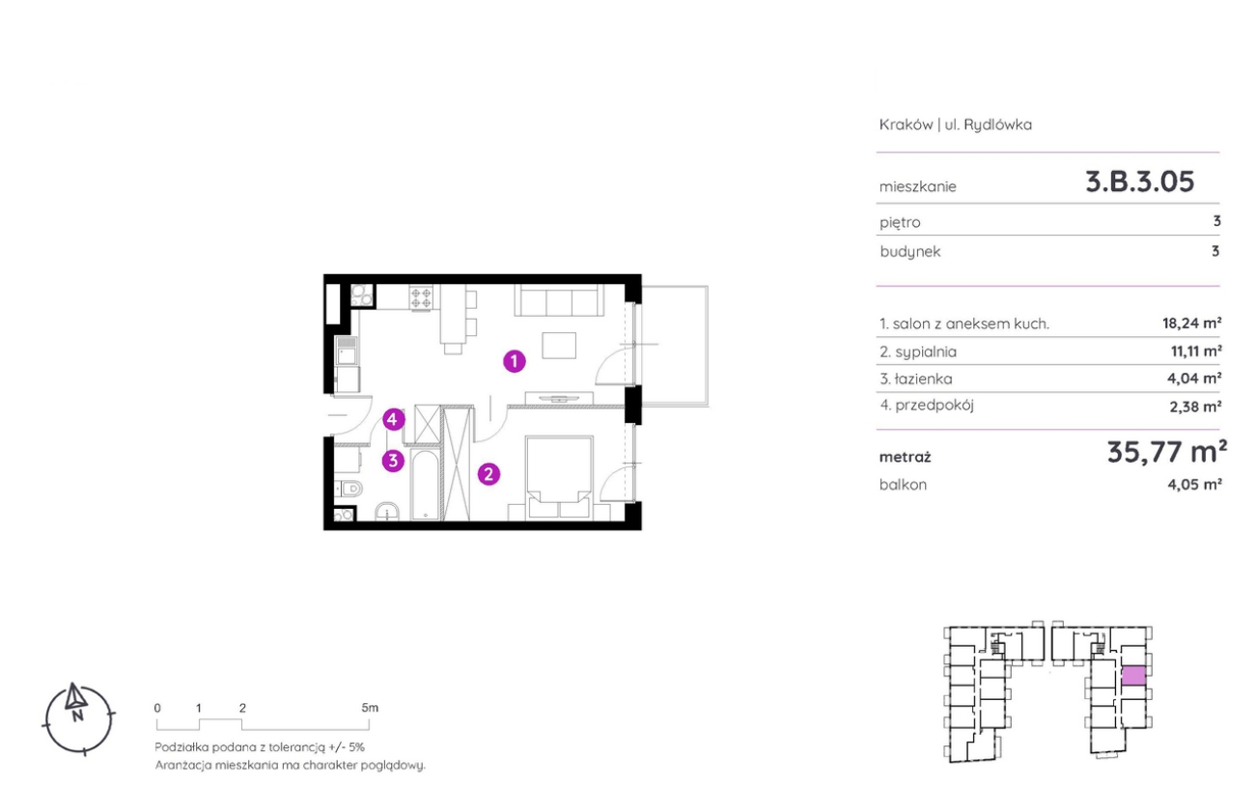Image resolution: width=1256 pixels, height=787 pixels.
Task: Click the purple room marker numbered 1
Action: [515, 361]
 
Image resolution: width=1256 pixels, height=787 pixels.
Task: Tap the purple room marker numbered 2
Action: [488, 474]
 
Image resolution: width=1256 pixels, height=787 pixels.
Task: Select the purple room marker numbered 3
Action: [393, 461]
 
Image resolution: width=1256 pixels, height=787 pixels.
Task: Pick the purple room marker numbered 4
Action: [393, 419]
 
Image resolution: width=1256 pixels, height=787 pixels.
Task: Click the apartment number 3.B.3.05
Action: [1140, 182]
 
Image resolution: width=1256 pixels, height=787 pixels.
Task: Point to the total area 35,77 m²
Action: [1167, 452]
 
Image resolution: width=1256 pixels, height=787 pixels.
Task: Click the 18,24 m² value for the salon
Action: [1191, 323]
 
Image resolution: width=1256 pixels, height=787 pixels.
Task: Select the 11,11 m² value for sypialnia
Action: [1196, 351]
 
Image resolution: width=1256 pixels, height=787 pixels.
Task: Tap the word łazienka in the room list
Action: [924, 379]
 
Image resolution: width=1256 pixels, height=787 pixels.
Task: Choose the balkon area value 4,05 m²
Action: [1194, 484]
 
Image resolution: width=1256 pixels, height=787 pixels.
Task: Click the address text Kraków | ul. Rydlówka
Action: [956, 125]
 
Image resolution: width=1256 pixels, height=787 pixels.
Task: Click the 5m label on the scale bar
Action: [370, 708]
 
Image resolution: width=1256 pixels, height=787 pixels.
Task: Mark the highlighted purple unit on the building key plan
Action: [1133, 676]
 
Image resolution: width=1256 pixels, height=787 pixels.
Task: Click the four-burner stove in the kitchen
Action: [421, 297]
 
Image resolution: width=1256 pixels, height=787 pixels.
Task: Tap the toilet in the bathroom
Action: [349, 490]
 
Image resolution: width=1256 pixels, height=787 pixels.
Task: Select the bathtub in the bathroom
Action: [425, 485]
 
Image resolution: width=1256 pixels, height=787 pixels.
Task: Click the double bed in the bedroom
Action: [560, 477]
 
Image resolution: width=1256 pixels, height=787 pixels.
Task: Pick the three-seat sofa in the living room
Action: [559, 300]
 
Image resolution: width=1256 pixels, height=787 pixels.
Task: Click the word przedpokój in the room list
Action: [935, 406]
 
